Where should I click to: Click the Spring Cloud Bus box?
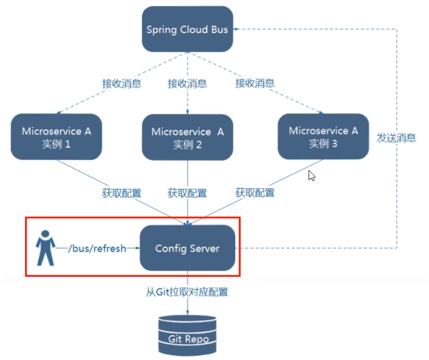point(187,29)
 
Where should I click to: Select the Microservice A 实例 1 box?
point(56,137)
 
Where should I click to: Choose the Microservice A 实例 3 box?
point(323,136)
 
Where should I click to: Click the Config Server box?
point(187,249)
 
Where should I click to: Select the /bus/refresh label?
point(97,249)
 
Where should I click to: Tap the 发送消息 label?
point(396,138)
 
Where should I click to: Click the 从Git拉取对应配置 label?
point(187,292)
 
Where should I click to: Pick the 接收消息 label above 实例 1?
point(122,84)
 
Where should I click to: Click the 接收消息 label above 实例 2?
point(187,84)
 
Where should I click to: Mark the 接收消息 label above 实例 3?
point(255,84)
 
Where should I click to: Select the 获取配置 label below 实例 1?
point(122,193)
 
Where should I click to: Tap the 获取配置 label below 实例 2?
point(187,193)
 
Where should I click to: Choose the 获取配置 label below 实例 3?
point(255,193)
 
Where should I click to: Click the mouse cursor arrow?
point(312,175)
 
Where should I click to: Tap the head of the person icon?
point(46,234)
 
